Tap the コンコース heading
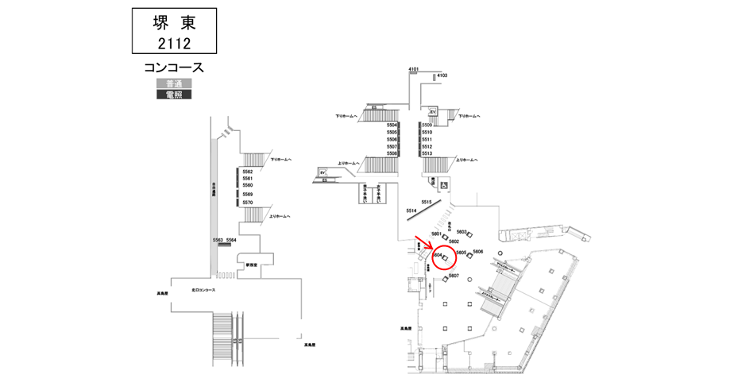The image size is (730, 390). (x=174, y=68)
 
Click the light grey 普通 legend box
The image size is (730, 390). (x=174, y=84)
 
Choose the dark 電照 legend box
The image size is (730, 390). (x=174, y=95)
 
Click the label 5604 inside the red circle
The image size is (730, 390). (x=437, y=254)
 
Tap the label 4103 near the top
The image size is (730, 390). (x=442, y=75)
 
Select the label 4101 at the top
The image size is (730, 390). (x=413, y=70)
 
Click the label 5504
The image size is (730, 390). (x=392, y=125)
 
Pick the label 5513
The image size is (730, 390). (x=427, y=153)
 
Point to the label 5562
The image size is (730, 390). (x=247, y=172)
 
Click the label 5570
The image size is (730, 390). (x=247, y=203)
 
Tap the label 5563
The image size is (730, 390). (x=218, y=239)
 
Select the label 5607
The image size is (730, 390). (x=454, y=275)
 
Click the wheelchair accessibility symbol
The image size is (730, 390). (x=443, y=185)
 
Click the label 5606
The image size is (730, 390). (x=478, y=251)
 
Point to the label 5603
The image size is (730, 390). (x=462, y=231)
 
